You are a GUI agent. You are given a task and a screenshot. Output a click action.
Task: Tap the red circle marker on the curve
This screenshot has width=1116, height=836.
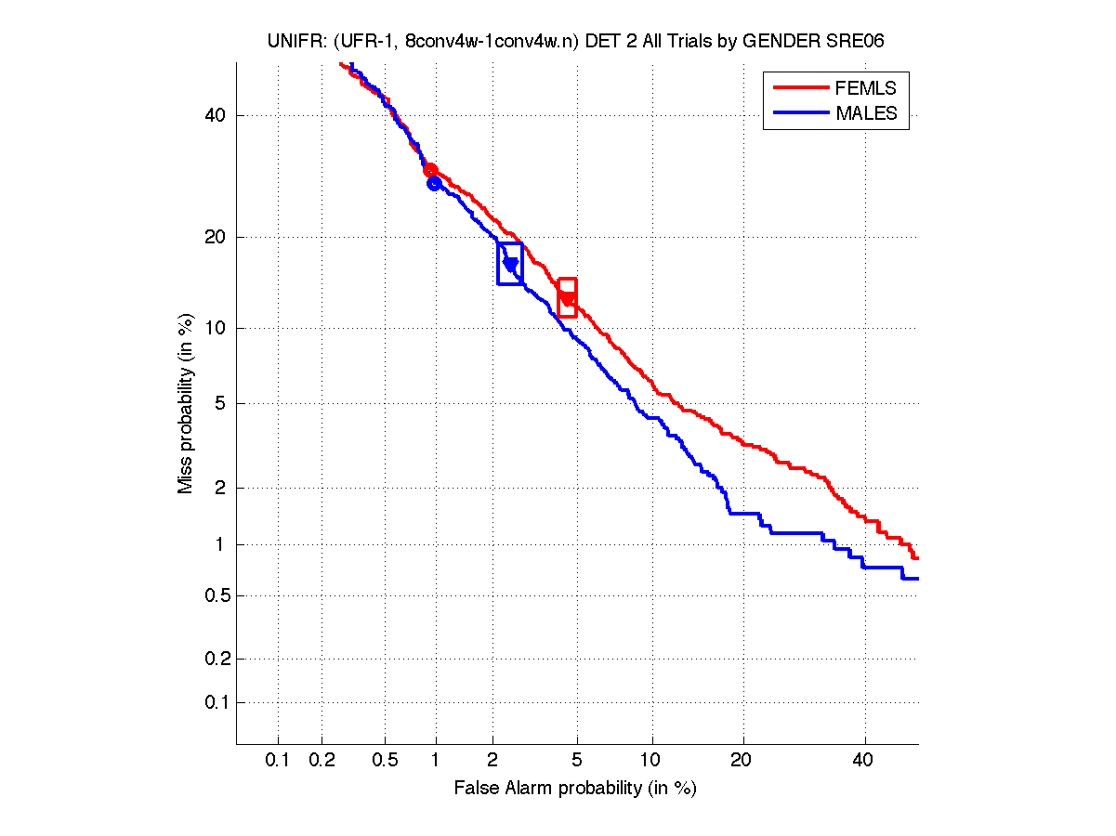click(x=430, y=170)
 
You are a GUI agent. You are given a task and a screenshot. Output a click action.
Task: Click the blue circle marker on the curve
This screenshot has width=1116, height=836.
click(x=434, y=183)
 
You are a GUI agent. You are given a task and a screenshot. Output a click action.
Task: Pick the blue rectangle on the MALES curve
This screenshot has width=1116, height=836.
click(x=510, y=263)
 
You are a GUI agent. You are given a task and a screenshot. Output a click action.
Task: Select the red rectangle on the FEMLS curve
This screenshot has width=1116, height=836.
click(x=567, y=297)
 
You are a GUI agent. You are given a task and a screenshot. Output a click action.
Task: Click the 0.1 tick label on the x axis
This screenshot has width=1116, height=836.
click(x=278, y=762)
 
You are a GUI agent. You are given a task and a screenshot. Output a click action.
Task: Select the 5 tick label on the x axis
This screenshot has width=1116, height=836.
click(x=577, y=762)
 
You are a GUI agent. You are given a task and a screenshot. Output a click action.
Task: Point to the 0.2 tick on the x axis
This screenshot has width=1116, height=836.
click(x=322, y=762)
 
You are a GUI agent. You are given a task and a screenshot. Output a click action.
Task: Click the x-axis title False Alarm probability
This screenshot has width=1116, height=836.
click(x=575, y=789)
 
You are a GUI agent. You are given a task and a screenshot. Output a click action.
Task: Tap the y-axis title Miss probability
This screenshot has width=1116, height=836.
click(x=187, y=403)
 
